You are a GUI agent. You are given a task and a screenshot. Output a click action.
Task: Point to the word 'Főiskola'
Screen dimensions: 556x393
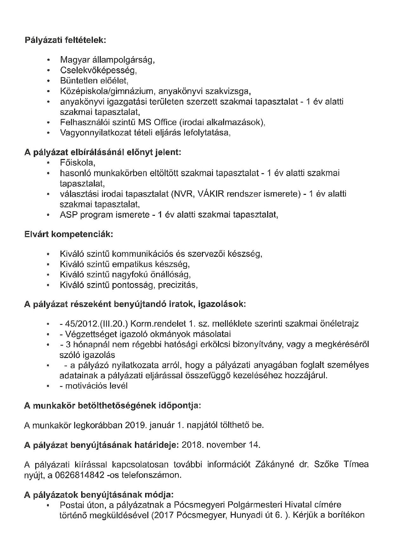click(77, 163)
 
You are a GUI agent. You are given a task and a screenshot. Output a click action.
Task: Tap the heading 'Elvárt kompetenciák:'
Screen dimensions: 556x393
click(68, 235)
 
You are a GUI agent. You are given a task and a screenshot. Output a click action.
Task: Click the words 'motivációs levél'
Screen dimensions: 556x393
click(96, 386)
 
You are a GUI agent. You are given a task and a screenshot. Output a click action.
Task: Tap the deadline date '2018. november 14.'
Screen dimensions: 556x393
click(221, 445)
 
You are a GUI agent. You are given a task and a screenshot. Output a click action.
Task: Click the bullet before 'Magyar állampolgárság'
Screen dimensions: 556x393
click(48, 60)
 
